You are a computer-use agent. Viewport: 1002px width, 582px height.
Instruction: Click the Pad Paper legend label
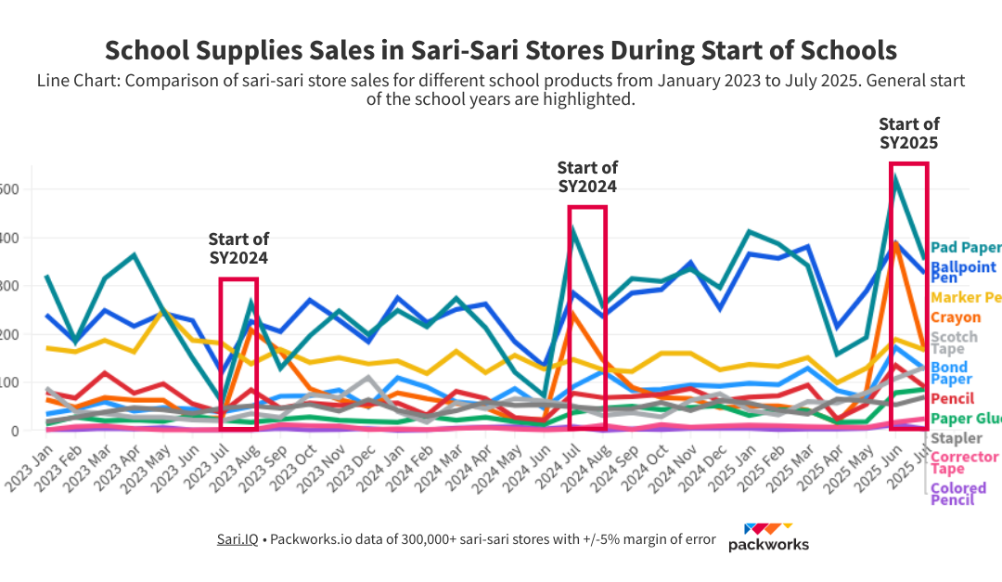click(965, 248)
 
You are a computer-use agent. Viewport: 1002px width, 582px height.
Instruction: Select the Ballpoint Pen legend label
click(965, 272)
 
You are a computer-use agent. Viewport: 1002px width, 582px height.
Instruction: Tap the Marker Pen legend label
click(965, 297)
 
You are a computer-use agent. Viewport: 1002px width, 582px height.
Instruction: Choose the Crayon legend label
click(955, 317)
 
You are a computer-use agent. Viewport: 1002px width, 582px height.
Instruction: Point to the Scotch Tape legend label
click(953, 343)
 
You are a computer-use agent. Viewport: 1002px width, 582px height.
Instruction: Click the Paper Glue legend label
click(965, 419)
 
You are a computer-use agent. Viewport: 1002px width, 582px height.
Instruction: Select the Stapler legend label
click(956, 438)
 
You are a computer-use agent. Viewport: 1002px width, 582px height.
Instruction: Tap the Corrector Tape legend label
click(964, 462)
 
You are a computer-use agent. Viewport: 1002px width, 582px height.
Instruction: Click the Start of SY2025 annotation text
click(908, 133)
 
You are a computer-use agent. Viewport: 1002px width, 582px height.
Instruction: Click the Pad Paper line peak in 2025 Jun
click(895, 177)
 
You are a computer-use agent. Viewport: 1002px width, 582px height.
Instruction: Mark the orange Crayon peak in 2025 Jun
click(896, 243)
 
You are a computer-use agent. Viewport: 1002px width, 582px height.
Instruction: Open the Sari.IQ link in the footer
click(238, 539)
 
